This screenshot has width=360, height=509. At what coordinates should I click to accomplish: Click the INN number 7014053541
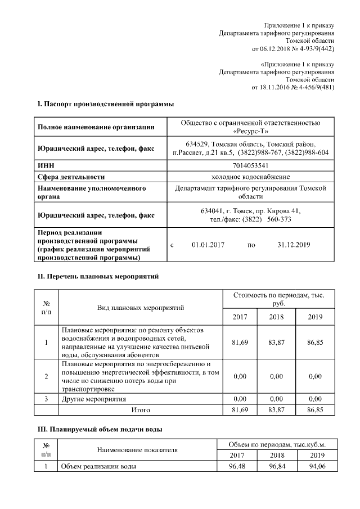250,166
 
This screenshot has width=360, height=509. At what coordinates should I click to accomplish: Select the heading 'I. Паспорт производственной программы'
105,104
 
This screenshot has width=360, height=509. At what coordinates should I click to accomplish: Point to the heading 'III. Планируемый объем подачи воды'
100,430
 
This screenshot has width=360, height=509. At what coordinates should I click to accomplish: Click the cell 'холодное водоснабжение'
250,177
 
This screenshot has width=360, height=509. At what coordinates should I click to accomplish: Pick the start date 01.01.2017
208,245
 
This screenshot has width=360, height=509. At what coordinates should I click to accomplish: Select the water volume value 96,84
276,467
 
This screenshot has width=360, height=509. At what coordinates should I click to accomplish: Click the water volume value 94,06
316,467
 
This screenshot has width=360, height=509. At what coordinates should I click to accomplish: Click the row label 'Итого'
141,410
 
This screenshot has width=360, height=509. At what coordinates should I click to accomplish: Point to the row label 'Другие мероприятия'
93,399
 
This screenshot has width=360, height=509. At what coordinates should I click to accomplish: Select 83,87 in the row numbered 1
276,341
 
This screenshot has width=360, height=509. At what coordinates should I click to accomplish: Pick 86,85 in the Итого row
316,410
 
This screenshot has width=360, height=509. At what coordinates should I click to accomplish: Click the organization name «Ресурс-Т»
250,131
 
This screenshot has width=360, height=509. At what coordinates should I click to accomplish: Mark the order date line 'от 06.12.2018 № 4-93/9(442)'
293,49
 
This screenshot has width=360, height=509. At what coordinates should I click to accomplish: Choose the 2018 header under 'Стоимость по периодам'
276,317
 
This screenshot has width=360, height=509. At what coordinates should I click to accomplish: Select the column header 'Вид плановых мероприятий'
141,308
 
